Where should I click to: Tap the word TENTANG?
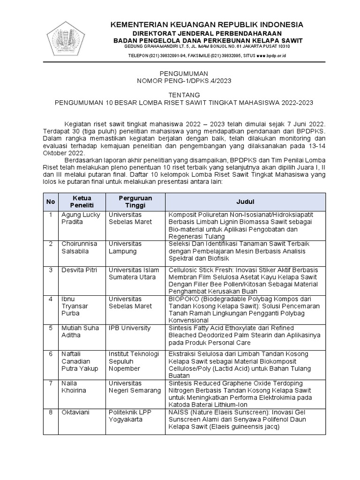point(180,94)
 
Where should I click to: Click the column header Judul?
point(245,202)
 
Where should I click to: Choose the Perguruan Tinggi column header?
point(135,202)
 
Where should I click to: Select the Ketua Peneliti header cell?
point(82,202)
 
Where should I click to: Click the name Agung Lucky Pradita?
point(81,218)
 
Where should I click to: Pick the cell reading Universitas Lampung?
point(126,247)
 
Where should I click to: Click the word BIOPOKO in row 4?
point(183,299)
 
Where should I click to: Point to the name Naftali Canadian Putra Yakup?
point(80,361)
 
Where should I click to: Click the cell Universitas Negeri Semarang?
point(135,387)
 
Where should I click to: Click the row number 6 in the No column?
point(50,354)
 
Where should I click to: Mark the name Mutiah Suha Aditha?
point(80,331)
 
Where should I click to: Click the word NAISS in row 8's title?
point(179,412)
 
